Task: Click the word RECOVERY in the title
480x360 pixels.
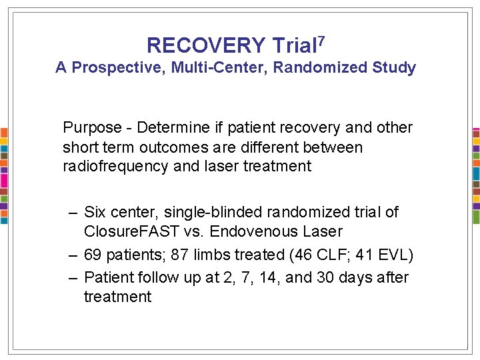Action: point(206,45)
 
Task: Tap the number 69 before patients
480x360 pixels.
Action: point(93,255)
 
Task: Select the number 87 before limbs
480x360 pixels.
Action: point(180,255)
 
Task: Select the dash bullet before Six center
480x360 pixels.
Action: point(73,213)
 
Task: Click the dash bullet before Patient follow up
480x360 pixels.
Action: point(73,277)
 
